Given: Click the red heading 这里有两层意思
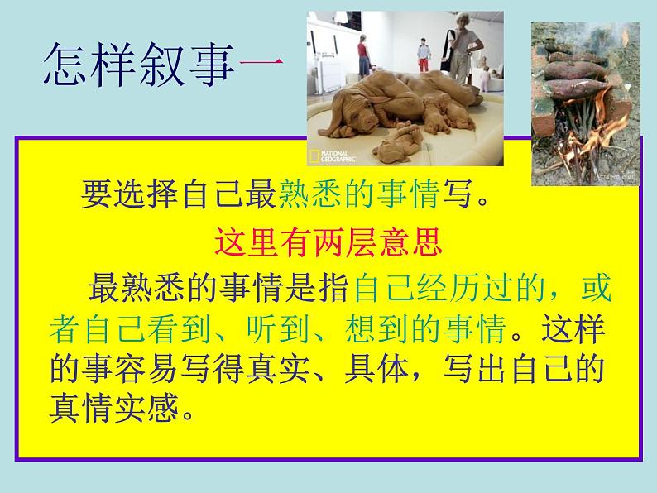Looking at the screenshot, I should point(330,243).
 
